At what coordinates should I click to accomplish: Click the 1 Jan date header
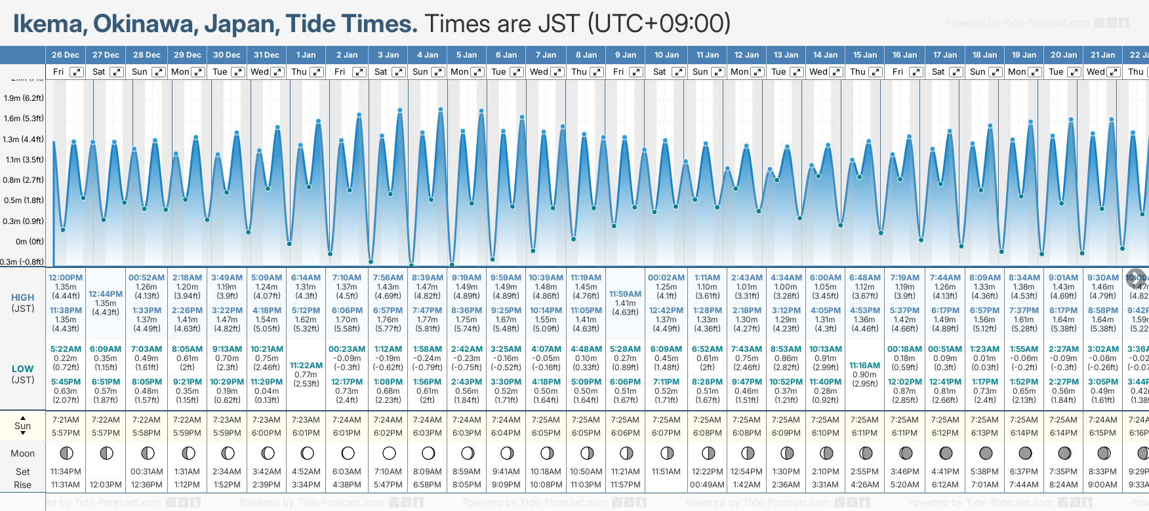pyautogui.click(x=306, y=55)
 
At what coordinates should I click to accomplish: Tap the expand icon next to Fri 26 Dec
pyautogui.click(x=77, y=72)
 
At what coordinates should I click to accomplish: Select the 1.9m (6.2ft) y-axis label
pyautogui.click(x=24, y=98)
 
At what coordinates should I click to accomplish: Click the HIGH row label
pyautogui.click(x=23, y=297)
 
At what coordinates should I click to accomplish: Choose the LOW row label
pyautogui.click(x=23, y=369)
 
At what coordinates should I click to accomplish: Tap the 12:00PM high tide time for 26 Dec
pyautogui.click(x=66, y=278)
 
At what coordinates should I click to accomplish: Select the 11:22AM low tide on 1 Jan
pyautogui.click(x=306, y=366)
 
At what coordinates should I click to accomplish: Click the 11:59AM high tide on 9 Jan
pyautogui.click(x=625, y=294)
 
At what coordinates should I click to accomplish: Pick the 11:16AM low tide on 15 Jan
pyautogui.click(x=864, y=366)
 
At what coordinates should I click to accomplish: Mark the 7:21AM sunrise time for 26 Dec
pyautogui.click(x=66, y=420)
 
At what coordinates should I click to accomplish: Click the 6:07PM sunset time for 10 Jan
pyautogui.click(x=666, y=433)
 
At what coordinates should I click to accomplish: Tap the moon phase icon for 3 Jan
pyautogui.click(x=388, y=453)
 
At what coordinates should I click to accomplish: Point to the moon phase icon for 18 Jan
pyautogui.click(x=985, y=453)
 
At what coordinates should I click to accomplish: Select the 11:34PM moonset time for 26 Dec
pyautogui.click(x=66, y=472)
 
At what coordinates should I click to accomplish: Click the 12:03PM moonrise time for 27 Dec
pyautogui.click(x=106, y=485)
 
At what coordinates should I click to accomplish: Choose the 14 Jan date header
pyautogui.click(x=825, y=55)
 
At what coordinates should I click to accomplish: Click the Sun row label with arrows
pyautogui.click(x=23, y=426)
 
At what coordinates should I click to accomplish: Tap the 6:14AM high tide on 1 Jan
pyautogui.click(x=306, y=278)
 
